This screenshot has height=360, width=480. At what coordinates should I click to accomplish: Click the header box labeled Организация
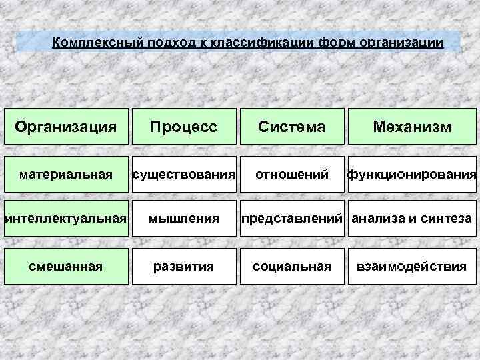pyautogui.click(x=65, y=127)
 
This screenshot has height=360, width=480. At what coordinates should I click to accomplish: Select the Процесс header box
pyautogui.click(x=183, y=127)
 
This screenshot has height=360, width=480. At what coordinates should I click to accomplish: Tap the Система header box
pyautogui.click(x=292, y=127)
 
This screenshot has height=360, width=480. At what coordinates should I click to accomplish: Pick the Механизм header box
pyautogui.click(x=412, y=127)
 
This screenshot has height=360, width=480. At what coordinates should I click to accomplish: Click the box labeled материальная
pyautogui.click(x=65, y=175)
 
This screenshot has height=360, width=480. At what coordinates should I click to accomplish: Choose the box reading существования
pyautogui.click(x=183, y=175)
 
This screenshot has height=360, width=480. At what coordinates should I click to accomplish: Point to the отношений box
pyautogui.click(x=292, y=175)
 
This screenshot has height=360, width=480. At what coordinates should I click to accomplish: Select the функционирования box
pyautogui.click(x=412, y=175)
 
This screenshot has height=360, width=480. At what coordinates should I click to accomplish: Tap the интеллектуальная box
pyautogui.click(x=65, y=218)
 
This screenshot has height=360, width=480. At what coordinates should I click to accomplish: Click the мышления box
pyautogui.click(x=183, y=218)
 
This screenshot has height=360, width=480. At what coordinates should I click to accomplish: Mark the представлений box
pyautogui.click(x=292, y=218)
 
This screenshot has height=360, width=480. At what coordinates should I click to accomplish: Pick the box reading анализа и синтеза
pyautogui.click(x=412, y=218)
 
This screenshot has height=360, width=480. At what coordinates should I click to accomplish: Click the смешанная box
pyautogui.click(x=65, y=267)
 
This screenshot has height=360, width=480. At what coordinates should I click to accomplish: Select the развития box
pyautogui.click(x=183, y=267)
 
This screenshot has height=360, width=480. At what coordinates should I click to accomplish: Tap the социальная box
pyautogui.click(x=292, y=267)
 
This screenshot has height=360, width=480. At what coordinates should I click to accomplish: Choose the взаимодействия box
pyautogui.click(x=412, y=267)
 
